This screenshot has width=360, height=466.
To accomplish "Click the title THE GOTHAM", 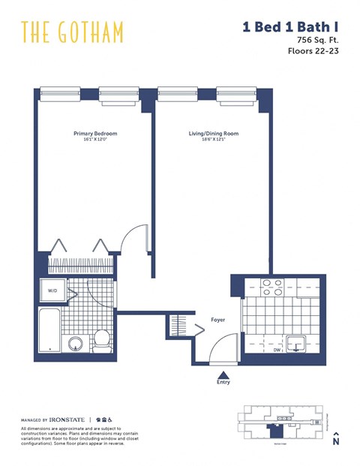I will (x=72, y=32).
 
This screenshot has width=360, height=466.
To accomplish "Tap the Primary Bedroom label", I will (x=95, y=134).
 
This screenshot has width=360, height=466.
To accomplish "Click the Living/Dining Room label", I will (x=214, y=134).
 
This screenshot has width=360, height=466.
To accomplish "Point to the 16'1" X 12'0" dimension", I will (x=95, y=140).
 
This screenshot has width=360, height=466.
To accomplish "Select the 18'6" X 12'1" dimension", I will (x=214, y=140).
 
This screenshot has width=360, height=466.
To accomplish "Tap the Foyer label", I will (x=217, y=320).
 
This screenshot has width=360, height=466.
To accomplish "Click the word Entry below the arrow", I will (x=223, y=382).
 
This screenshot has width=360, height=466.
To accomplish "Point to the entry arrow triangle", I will (x=223, y=372).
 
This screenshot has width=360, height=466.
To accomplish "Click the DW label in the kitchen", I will (x=277, y=349).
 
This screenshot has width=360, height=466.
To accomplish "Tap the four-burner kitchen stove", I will (x=270, y=287).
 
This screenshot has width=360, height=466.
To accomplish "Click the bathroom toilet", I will (x=102, y=341).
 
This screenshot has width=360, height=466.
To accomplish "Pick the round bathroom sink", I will (x=76, y=344).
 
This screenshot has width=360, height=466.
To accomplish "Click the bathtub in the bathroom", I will (x=50, y=330).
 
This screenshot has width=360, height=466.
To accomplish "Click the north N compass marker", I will (x=336, y=440).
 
